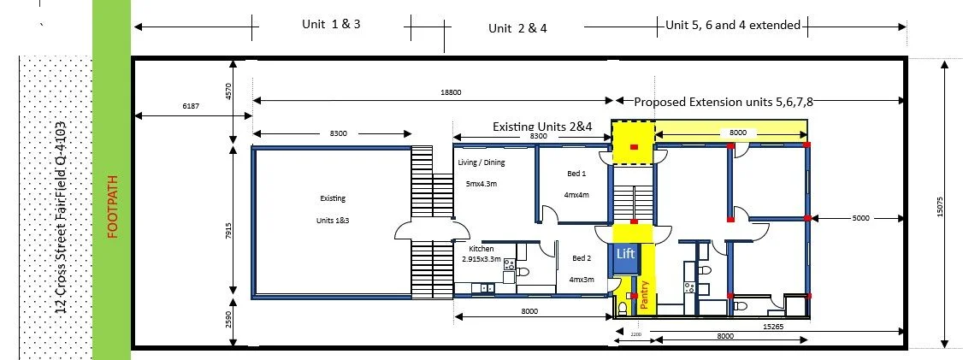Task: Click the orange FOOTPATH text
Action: pos(112,207)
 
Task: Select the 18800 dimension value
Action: pos(450,92)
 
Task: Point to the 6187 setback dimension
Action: pos(191,106)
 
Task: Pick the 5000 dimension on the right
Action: pos(861,218)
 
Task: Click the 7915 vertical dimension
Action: pos(228,231)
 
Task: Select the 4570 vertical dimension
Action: pos(228,92)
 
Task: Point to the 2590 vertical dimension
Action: pos(228,321)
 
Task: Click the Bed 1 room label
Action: pos(576,174)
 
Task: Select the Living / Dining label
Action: pos(481,162)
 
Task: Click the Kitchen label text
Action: pos(481,249)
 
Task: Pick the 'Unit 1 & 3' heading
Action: pos(331,24)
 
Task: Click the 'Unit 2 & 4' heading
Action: pos(517,28)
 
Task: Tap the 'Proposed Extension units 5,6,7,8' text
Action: pos(724,102)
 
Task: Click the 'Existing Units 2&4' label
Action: pos(542,127)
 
